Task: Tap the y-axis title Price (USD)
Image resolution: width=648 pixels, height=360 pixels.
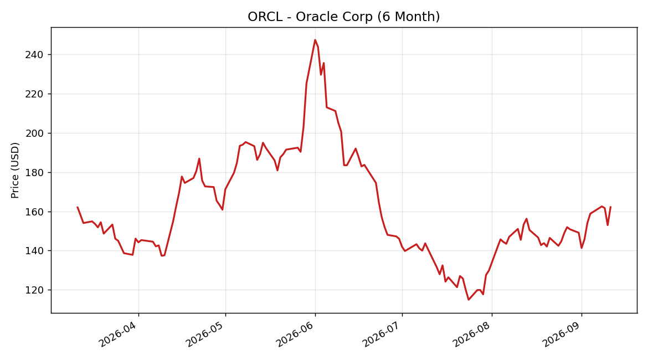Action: [x=15, y=170]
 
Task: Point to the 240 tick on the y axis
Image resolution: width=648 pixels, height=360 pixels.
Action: [x=34, y=55]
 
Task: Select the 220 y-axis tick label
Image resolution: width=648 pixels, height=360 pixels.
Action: [x=34, y=94]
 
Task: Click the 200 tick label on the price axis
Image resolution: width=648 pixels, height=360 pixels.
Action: [x=34, y=133]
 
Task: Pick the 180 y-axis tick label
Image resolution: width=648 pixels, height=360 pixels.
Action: [x=34, y=172]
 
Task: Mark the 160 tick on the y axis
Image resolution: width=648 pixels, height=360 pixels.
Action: [x=34, y=212]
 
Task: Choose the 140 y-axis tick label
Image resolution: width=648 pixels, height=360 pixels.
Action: [x=34, y=251]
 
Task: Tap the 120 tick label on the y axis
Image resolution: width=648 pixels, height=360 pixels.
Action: [x=34, y=290]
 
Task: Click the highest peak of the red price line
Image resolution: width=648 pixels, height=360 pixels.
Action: [x=315, y=40]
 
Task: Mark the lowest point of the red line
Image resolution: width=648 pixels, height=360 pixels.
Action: [x=469, y=300]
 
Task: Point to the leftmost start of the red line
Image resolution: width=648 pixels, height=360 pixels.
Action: [x=78, y=207]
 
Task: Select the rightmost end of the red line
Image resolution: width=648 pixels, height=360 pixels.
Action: [x=610, y=207]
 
